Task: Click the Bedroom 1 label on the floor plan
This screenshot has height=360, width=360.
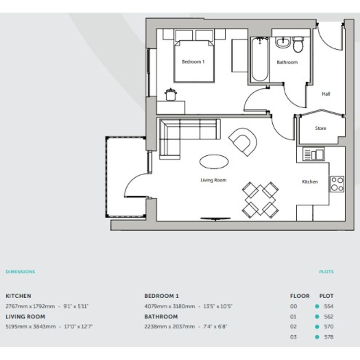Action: tap(193, 62)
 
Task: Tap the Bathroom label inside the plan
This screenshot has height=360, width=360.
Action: tap(287, 62)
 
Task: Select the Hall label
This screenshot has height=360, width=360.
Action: tap(326, 94)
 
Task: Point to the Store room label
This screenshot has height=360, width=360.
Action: tap(320, 128)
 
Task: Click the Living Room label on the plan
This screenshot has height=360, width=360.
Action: tap(213, 180)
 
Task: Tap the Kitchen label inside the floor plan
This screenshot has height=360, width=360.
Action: tap(310, 182)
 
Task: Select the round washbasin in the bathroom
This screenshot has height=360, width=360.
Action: tap(283, 43)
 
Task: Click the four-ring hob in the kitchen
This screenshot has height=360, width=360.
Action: tap(337, 184)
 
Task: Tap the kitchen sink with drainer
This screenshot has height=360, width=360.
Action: tap(314, 154)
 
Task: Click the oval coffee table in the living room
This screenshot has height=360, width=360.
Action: tap(214, 162)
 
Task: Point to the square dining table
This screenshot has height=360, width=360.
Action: tap(260, 200)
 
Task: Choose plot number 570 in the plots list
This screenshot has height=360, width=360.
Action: tap(328, 326)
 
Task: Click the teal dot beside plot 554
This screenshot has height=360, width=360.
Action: tap(317, 306)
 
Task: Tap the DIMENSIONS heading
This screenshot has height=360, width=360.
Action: tap(21, 272)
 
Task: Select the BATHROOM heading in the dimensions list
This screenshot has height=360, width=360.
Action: tap(161, 317)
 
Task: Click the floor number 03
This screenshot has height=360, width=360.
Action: tap(293, 337)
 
